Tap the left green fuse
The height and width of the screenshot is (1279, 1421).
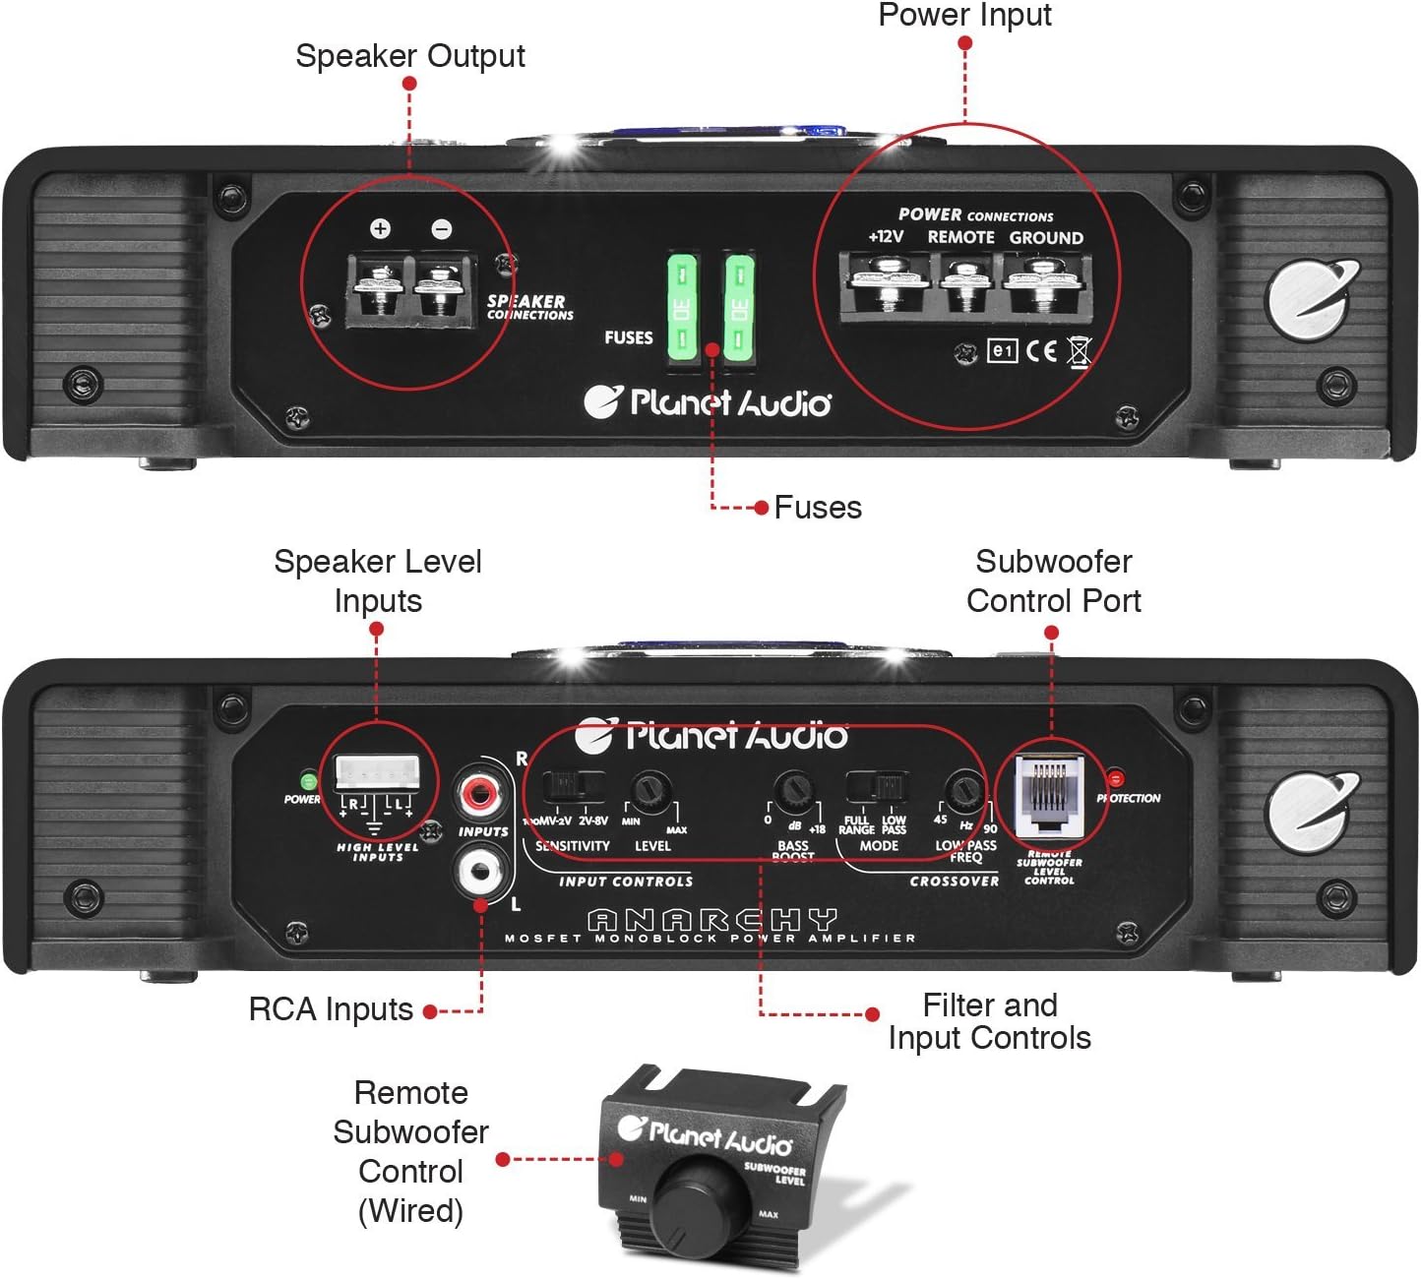pos(683,309)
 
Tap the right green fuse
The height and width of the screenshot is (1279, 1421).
pos(739,309)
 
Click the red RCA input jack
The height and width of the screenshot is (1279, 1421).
pos(479,791)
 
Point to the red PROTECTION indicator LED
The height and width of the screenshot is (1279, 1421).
pos(1115,780)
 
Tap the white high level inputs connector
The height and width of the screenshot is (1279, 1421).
pos(377,771)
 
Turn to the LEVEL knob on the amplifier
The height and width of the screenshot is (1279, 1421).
pos(650,790)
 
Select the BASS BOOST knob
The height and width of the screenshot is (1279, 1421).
pos(793,790)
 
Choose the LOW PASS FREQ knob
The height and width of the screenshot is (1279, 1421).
pos(963,790)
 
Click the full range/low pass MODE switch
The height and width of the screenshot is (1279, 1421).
pos(877,787)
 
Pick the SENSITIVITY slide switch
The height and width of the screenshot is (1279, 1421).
pos(574,786)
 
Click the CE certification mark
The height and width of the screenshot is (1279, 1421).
pos(1041,351)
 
